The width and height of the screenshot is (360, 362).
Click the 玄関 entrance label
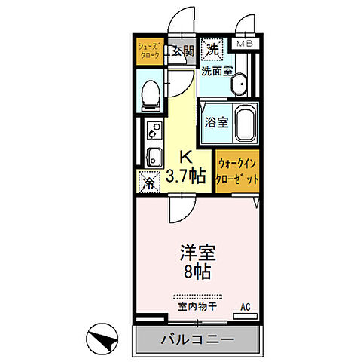pyautogui.click(x=182, y=51)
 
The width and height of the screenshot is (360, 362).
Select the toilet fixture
pyautogui.click(x=150, y=94)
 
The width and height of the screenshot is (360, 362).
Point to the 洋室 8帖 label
pyautogui.click(x=194, y=261)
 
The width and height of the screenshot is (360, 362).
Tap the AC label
pyautogui.click(x=245, y=305)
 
